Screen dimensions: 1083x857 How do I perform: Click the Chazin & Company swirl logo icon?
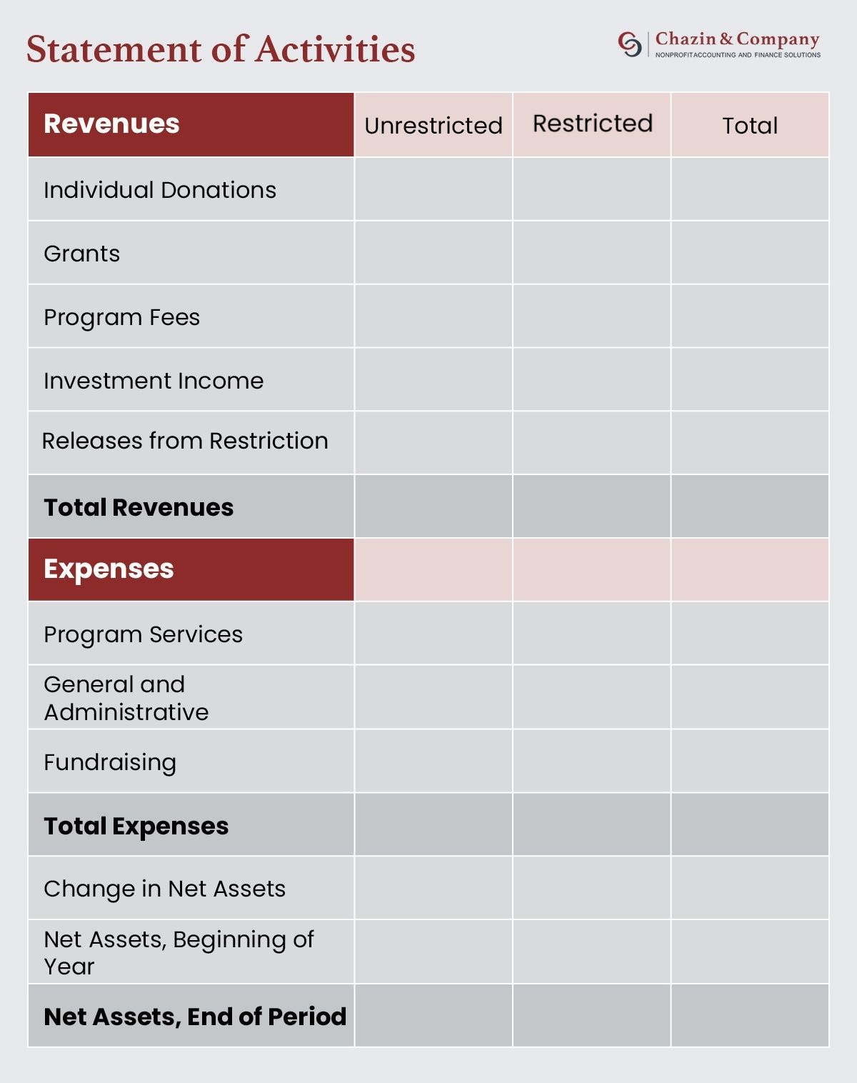tap(629, 44)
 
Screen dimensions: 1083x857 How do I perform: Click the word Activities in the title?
tap(335, 50)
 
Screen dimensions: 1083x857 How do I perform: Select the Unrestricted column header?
tap(433, 126)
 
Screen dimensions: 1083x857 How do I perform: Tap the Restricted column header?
tap(592, 124)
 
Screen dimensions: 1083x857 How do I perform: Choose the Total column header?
tap(749, 126)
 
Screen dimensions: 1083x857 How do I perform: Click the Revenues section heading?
tap(111, 124)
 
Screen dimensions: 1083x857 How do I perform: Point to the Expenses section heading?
tap(109, 569)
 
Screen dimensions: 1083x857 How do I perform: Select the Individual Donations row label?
tap(159, 190)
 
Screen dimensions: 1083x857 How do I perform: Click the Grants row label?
tap(81, 254)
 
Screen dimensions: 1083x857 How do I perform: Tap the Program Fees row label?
tap(121, 317)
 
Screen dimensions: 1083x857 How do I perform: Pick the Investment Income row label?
tap(154, 381)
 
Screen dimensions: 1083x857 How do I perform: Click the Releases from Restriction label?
tap(185, 441)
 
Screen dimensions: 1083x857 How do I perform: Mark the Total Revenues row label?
tap(139, 507)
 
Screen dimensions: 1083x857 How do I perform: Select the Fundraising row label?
tap(110, 762)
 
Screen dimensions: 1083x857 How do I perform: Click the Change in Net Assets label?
tap(164, 889)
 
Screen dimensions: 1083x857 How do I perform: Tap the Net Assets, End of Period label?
tap(194, 1017)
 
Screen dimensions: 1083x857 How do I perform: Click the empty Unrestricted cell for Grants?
tap(433, 253)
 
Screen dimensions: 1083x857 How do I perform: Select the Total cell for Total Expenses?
tap(749, 825)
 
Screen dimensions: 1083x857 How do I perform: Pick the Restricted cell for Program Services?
tap(591, 634)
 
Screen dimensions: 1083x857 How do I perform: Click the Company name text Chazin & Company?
tap(737, 39)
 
